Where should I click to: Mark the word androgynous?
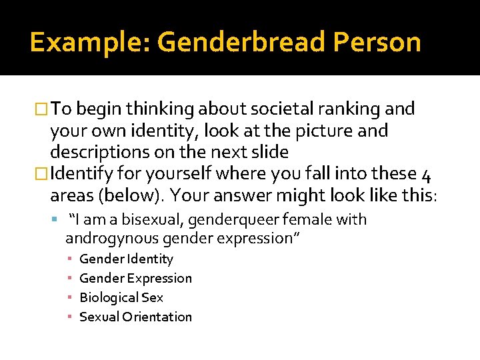coord(109,238)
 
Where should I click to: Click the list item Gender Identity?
coord(126,259)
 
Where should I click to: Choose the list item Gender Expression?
coord(135,278)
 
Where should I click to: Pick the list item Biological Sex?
coord(121,297)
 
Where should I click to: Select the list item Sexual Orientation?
coord(135,317)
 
